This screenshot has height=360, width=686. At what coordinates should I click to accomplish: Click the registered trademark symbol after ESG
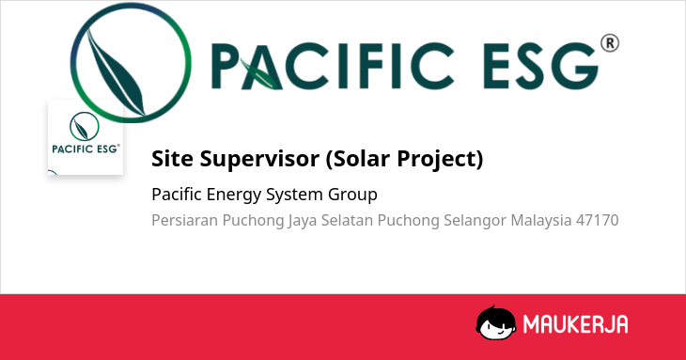coord(610,43)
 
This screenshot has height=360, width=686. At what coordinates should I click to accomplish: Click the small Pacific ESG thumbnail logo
coord(86,137)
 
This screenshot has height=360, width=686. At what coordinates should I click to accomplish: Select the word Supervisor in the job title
coord(259,158)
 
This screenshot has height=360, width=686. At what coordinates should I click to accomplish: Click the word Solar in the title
coord(358,158)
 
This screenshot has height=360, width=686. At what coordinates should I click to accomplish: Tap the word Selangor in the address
coord(476,221)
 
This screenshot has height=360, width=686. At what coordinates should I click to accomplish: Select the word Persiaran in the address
coord(184,220)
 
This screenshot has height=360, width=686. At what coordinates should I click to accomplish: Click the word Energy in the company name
coord(234,195)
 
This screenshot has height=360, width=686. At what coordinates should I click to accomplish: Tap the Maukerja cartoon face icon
coord(495,322)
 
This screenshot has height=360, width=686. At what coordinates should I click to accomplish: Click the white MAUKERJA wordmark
coord(576,324)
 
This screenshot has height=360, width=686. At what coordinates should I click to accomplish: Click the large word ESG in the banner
coord(540,66)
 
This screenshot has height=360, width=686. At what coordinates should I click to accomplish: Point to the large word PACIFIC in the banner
coord(333,66)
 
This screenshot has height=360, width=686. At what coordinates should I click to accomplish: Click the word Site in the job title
coord(172,158)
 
